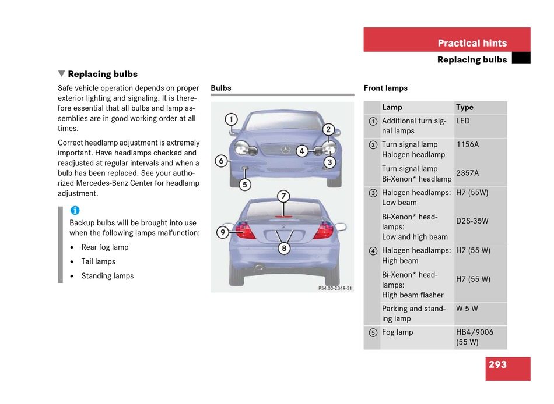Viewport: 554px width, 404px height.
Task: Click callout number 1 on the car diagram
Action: tap(232, 120)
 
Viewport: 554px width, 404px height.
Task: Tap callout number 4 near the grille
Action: tap(301, 151)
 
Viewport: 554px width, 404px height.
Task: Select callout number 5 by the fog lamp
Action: tap(245, 185)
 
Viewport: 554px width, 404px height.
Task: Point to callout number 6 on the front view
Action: tap(221, 161)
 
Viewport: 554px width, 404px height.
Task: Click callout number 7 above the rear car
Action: tap(283, 196)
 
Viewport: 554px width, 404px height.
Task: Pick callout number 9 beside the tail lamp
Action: tap(222, 232)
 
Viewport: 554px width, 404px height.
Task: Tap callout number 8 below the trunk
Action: tap(284, 248)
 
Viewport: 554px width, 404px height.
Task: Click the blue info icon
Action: tap(75, 211)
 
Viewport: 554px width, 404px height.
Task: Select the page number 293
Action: tap(497, 365)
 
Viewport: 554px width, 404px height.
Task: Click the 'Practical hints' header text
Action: tap(472, 43)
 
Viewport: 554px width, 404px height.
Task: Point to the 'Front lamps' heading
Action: tap(385, 88)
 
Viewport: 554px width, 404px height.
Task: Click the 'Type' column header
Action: tap(465, 108)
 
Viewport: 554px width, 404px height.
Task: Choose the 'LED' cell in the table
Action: tap(463, 121)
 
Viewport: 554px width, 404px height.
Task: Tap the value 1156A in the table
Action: tap(468, 144)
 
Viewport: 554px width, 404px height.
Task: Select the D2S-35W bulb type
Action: tap(472, 221)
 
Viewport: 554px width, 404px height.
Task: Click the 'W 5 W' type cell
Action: tap(467, 309)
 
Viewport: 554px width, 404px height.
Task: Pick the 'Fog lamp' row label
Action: tap(398, 332)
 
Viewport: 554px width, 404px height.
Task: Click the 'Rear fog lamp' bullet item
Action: tap(105, 247)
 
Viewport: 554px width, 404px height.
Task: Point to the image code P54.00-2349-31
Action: tap(335, 288)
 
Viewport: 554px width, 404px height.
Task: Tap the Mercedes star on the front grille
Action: tap(286, 150)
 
